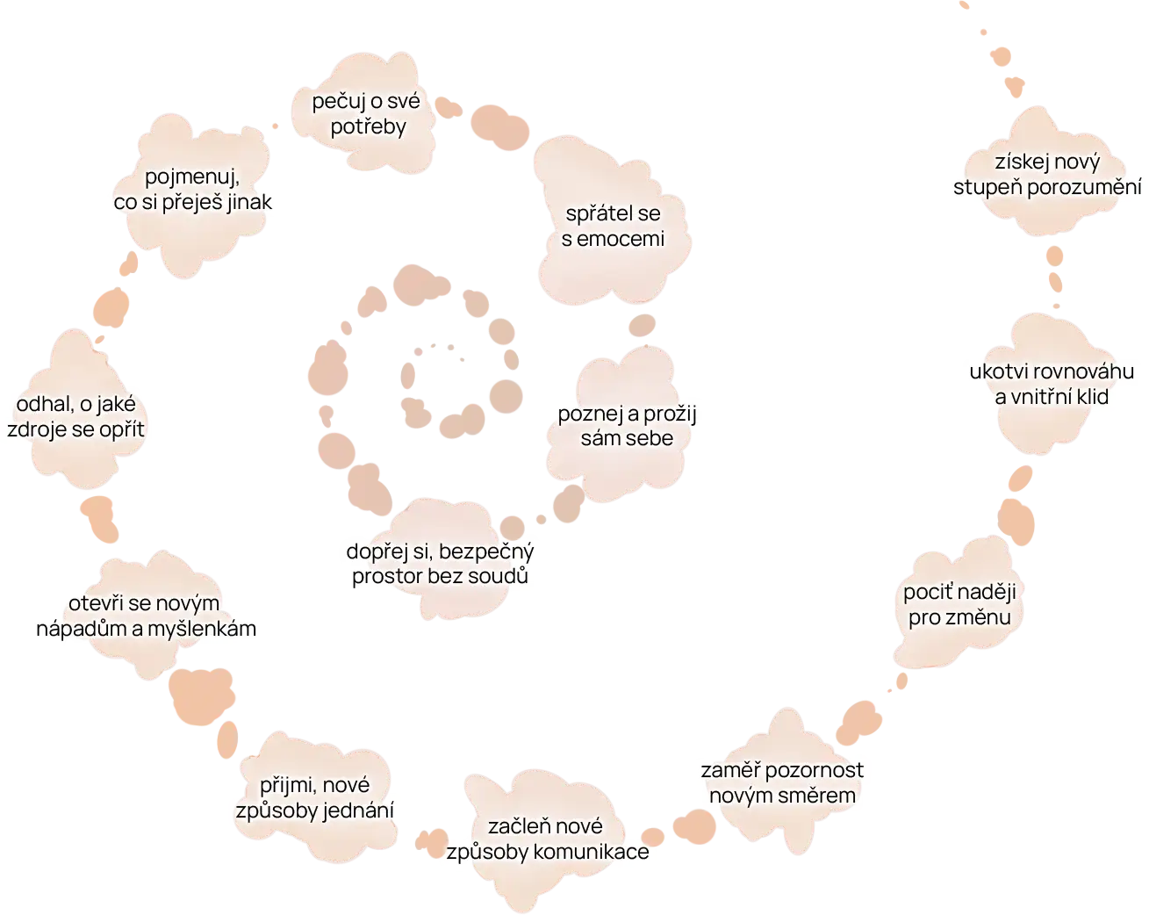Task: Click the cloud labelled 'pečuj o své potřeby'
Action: pyautogui.click(x=367, y=113)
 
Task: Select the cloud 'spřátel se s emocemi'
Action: pyautogui.click(x=613, y=226)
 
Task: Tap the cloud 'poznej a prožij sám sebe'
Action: pyautogui.click(x=626, y=425)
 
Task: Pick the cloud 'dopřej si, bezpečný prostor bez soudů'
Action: pyautogui.click(x=441, y=564)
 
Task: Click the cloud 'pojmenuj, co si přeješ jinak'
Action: pyautogui.click(x=193, y=189)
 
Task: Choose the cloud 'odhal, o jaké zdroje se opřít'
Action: pyautogui.click(x=76, y=417)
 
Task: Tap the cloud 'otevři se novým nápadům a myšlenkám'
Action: pyautogui.click(x=146, y=616)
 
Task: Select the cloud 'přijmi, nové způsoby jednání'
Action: pyautogui.click(x=314, y=797)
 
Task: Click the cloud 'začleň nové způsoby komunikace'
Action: pyautogui.click(x=546, y=839)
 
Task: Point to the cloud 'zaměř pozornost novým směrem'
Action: pyautogui.click(x=782, y=782)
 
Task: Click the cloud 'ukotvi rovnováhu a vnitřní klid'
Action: pyautogui.click(x=1052, y=384)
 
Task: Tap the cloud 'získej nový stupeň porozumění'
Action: pyautogui.click(x=1047, y=175)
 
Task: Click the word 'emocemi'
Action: pyautogui.click(x=626, y=239)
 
